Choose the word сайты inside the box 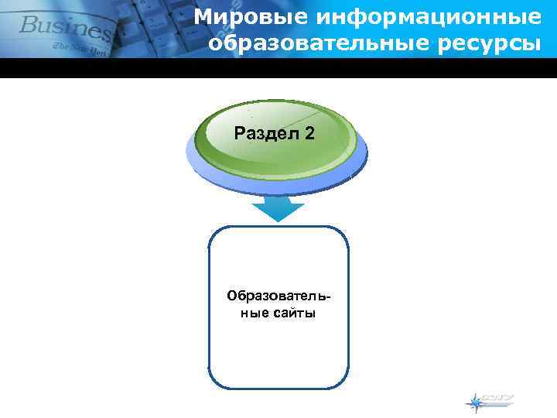click(x=296, y=313)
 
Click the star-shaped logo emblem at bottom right click(x=473, y=402)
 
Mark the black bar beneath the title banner click(x=278, y=68)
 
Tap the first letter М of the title click(x=202, y=15)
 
